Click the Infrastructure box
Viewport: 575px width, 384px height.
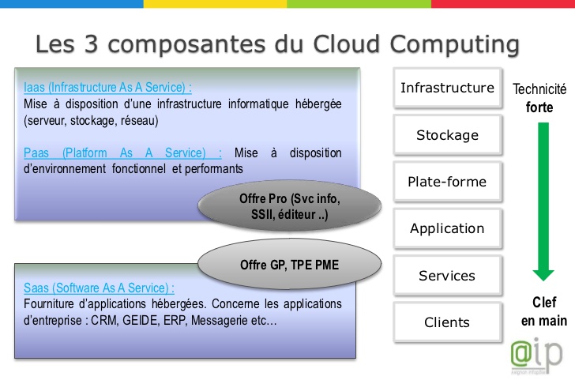(447, 88)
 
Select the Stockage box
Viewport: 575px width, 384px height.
(447, 135)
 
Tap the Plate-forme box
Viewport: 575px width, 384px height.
(447, 182)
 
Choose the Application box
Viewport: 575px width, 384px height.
(447, 228)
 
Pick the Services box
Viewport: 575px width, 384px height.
(447, 276)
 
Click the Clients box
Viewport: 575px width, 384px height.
(447, 322)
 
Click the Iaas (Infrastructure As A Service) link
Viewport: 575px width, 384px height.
(108, 88)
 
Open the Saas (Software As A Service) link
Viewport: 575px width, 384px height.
(99, 288)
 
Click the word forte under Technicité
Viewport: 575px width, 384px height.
(539, 107)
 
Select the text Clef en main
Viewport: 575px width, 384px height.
(543, 311)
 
